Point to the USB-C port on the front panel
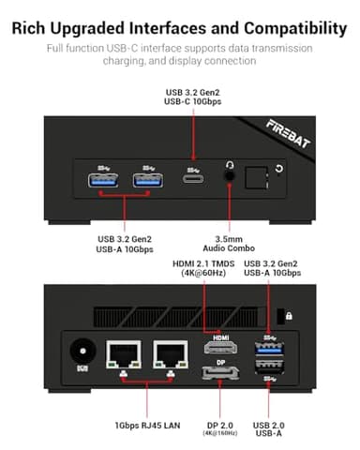pyautogui.click(x=192, y=176)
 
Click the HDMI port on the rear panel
pyautogui.click(x=217, y=348)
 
